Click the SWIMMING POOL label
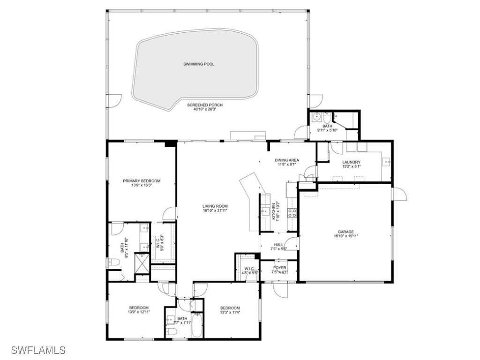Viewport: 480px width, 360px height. pos(199,64)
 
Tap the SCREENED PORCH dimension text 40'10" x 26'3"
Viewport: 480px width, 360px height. pos(205,110)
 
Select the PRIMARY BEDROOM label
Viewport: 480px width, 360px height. pos(142,181)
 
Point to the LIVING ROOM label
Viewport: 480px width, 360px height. pos(215,206)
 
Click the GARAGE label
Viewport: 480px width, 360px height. pos(346,232)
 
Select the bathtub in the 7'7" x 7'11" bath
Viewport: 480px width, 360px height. pos(197,325)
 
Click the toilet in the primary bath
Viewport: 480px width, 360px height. pos(112,262)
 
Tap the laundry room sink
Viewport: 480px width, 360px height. pos(387,162)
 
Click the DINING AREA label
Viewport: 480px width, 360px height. pos(286,160)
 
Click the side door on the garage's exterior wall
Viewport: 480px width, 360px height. pos(398,193)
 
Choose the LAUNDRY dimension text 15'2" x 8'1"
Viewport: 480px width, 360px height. pos(351,166)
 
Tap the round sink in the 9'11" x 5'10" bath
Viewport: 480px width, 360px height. pos(316,115)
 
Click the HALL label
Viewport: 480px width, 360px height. pos(278,245)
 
